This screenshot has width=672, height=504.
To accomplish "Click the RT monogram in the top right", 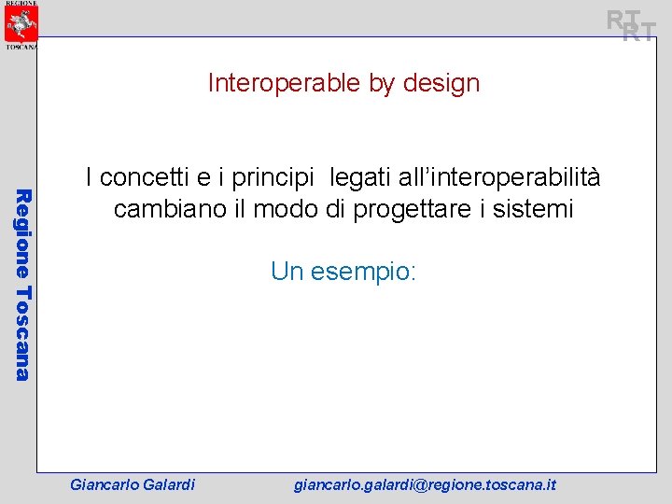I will pos(631,25).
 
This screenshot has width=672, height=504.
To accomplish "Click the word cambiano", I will pos(161,209).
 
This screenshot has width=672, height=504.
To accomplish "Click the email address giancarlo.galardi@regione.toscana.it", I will pos(425,484).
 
